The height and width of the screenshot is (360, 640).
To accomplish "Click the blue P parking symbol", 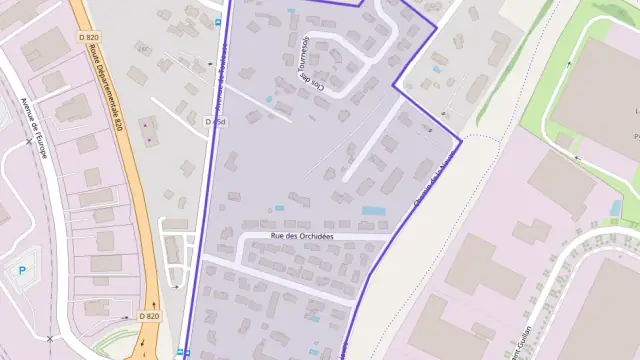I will [21, 269].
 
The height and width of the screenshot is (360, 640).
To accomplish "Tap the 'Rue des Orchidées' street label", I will [301, 236].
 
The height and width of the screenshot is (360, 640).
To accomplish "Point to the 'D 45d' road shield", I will [213, 122].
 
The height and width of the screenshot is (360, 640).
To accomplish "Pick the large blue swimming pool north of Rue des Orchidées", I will [374, 211].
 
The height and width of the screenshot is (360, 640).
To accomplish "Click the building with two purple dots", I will [149, 129].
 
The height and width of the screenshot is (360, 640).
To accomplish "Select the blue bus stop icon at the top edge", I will [219, 21].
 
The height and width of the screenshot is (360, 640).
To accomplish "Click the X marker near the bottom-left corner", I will [49, 339].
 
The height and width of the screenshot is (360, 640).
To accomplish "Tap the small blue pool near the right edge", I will [615, 208].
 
